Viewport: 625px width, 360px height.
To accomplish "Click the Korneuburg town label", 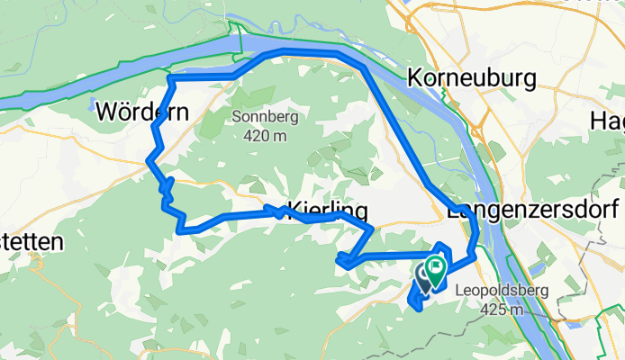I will pos(472,79).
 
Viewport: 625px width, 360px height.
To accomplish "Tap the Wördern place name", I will pos(141,113).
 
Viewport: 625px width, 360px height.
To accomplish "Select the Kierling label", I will pos(329,211).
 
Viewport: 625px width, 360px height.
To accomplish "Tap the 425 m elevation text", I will pos(503,310).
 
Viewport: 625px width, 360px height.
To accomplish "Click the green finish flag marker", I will pos(438,267).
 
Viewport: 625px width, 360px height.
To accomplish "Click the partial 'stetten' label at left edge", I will pos(30,243).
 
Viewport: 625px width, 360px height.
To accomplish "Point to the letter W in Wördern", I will pos(104,113).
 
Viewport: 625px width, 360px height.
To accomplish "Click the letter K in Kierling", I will pos(295,211).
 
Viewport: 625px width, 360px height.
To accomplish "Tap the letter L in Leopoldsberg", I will pos(461,292).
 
